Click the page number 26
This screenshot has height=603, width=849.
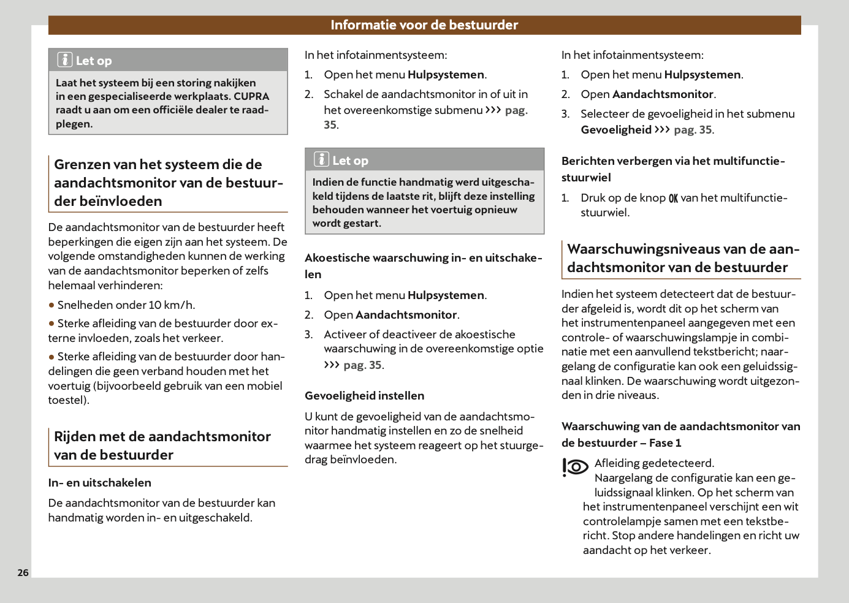pos(23,572)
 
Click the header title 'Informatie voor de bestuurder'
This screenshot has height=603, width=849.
pos(424,25)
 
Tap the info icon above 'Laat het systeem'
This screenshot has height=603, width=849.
pos(65,59)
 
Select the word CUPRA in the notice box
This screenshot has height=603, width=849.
pos(251,96)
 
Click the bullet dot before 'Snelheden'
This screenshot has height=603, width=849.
pos(51,305)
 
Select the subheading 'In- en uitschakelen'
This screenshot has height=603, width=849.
pos(99,483)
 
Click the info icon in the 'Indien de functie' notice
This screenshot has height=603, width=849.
pos(321,159)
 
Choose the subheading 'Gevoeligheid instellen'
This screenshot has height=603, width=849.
pos(364,396)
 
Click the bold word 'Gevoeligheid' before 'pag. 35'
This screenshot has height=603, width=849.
pos(616,130)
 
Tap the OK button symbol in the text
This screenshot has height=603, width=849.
pos(673,199)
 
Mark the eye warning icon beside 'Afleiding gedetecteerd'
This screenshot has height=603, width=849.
pos(575,467)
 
